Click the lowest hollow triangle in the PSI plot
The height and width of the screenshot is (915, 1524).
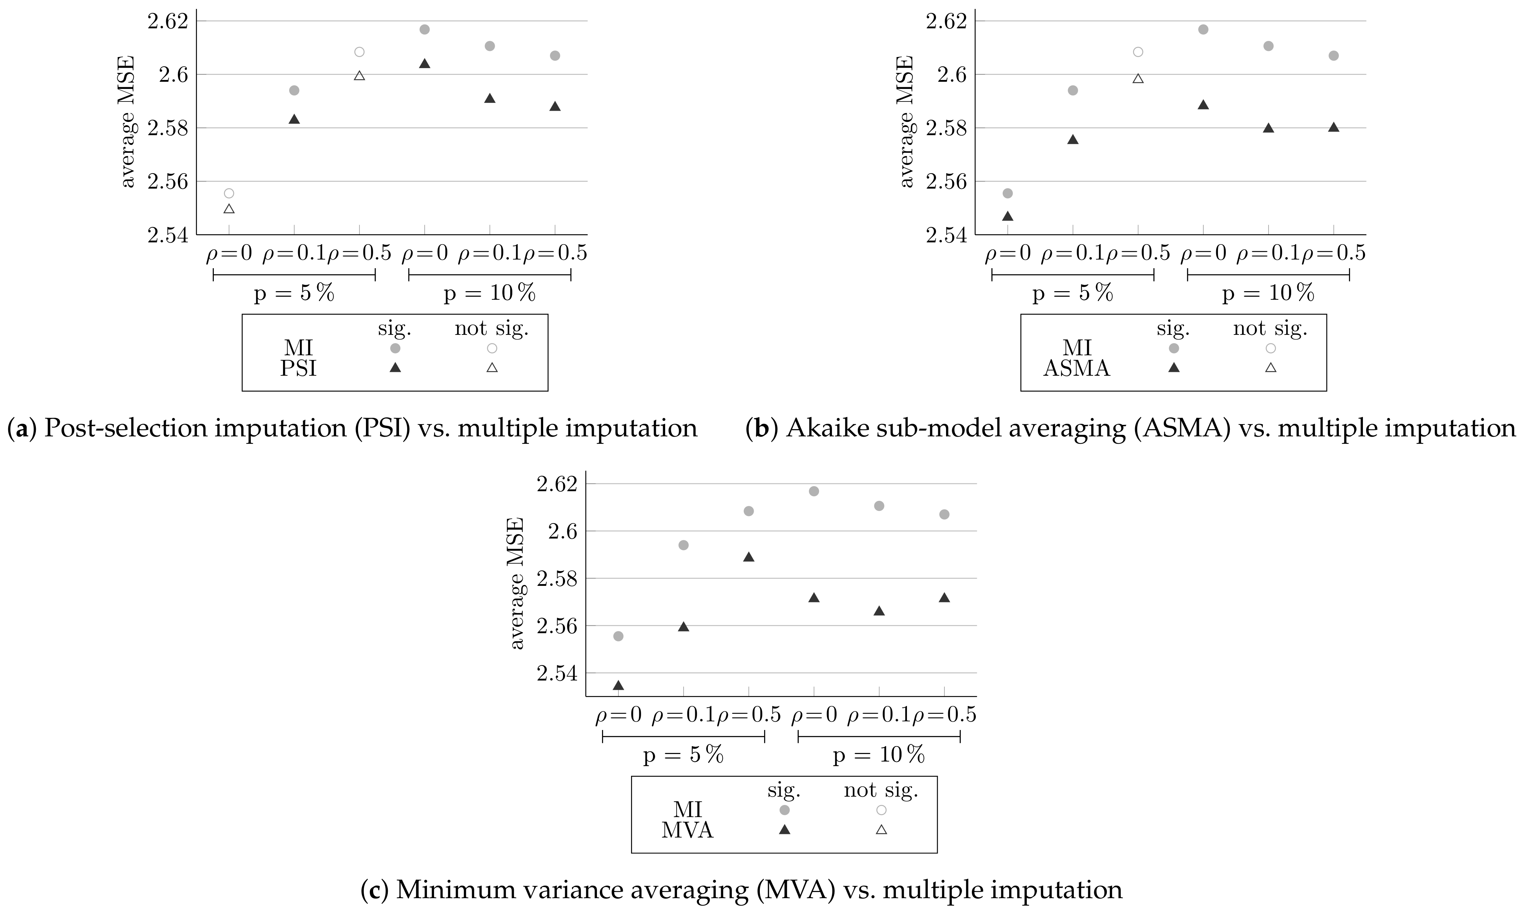click(229, 209)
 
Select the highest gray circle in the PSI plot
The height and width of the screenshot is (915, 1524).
click(424, 30)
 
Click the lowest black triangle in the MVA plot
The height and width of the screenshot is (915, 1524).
click(618, 685)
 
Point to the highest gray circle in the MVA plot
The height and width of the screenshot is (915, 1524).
click(814, 492)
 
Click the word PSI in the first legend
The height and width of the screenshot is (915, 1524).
click(298, 369)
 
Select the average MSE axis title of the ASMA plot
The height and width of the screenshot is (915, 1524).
click(906, 122)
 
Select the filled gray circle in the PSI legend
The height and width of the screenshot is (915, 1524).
click(395, 349)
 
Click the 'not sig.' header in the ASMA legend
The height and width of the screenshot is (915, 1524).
click(1270, 329)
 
